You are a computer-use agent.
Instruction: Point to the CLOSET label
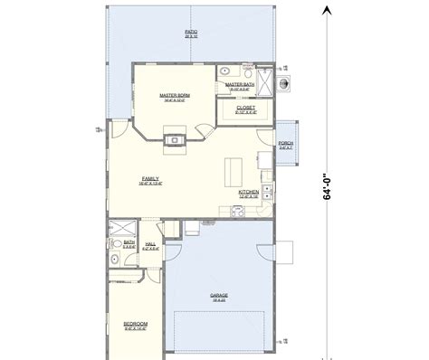pos(245,108)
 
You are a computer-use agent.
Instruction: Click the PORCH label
pos(286,144)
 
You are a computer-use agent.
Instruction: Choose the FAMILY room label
pos(150,179)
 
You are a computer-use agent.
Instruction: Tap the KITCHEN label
pos(250,192)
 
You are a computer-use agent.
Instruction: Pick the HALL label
pos(150,243)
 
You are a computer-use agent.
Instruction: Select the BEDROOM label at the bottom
pos(135,323)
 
